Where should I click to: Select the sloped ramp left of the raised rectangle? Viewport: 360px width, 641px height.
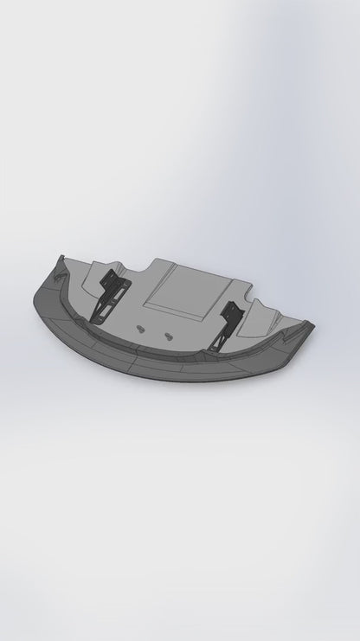coord(143,290)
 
